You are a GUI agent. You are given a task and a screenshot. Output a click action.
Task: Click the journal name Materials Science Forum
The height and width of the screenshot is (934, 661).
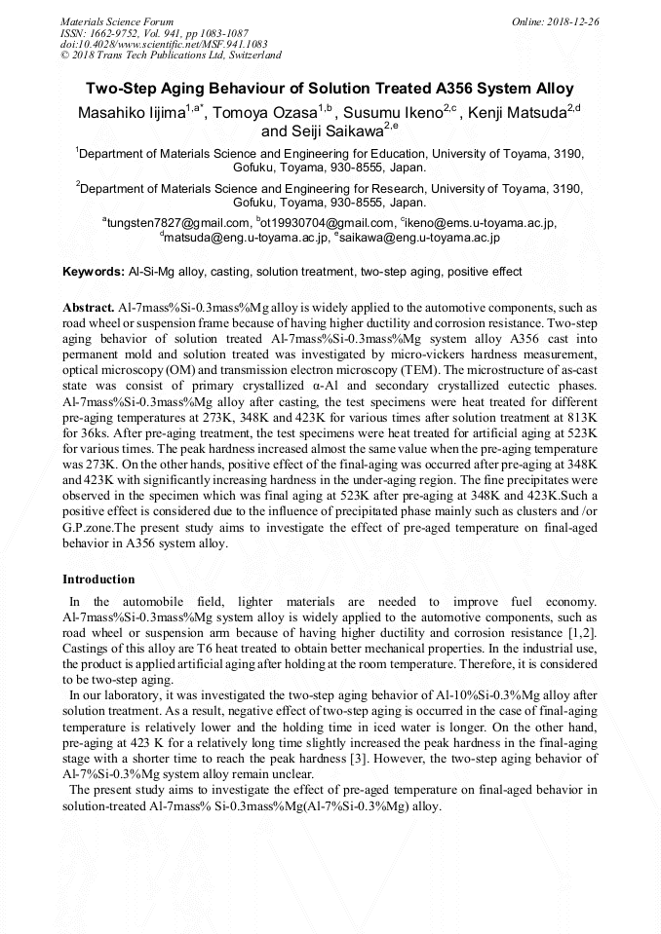click(117, 20)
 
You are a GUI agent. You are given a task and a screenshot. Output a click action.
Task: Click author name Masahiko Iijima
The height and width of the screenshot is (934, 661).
click(132, 114)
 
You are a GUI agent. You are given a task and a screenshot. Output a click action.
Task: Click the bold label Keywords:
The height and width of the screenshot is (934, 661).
click(94, 272)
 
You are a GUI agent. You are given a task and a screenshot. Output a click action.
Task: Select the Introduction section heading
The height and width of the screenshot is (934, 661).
click(98, 579)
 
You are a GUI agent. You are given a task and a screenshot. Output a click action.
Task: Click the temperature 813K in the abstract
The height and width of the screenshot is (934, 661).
click(581, 414)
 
